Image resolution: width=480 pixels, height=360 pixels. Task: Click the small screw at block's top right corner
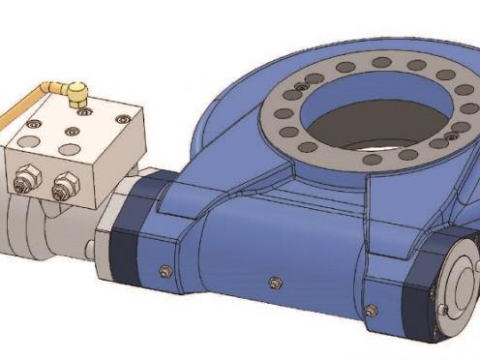tap(121, 119)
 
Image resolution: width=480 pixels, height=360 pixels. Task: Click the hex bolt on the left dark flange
tap(164, 270)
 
